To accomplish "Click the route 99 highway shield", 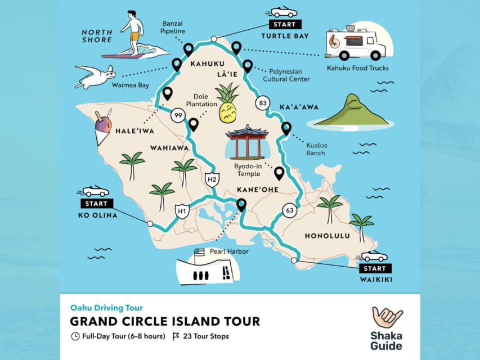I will [178, 116].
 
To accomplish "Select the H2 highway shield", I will [212, 179].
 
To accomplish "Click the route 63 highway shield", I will [290, 210].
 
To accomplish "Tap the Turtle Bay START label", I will [284, 24].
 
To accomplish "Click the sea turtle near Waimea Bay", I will [96, 76].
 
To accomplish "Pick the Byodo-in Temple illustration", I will [246, 142].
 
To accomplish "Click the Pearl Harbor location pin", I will [242, 205].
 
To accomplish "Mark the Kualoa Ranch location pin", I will [286, 129].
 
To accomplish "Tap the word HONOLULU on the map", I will [327, 236].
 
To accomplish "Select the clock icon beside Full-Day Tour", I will [75, 337].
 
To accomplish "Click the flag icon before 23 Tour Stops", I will [176, 337].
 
